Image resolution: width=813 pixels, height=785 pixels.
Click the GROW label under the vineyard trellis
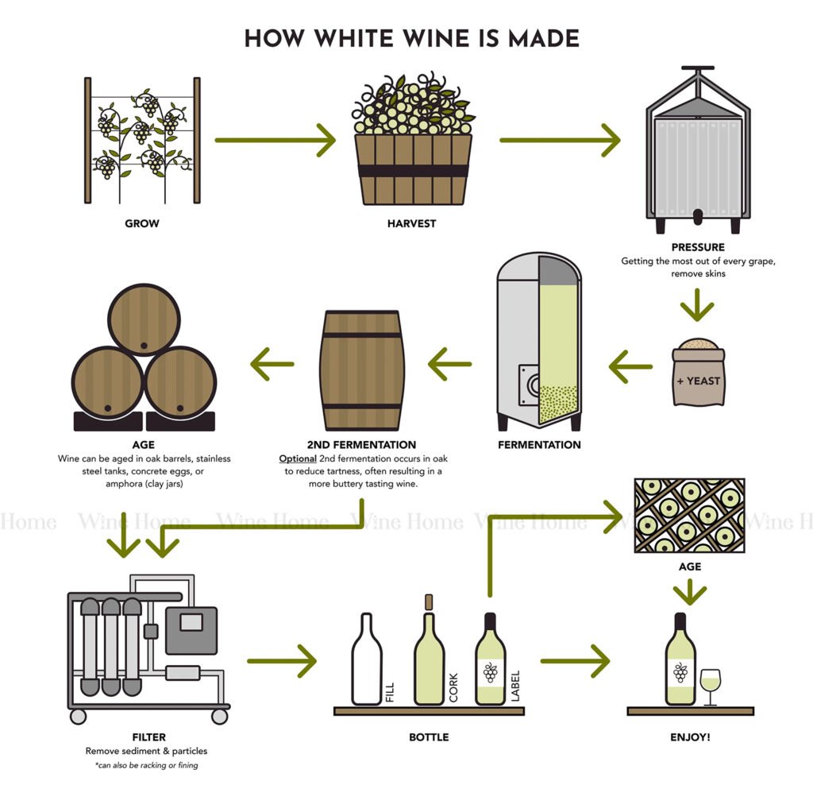point(142,223)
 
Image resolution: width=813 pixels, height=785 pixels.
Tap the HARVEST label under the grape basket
point(411,223)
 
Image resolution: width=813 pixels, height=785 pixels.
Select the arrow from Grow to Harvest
point(275,141)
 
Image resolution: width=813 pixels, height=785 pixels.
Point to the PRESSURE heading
point(697,247)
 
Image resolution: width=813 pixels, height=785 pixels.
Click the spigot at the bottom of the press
point(698,215)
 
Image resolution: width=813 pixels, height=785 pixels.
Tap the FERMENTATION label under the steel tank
point(539,444)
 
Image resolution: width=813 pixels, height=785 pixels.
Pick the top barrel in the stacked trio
point(144,319)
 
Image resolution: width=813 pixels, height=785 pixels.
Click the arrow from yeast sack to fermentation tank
point(630,366)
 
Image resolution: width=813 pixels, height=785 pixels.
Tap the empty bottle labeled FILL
point(367,659)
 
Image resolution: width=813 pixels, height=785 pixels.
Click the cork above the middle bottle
point(430,601)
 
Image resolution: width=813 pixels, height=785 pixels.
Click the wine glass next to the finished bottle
point(710,685)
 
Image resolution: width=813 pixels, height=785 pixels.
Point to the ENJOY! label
point(690,737)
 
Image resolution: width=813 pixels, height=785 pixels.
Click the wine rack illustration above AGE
point(689,515)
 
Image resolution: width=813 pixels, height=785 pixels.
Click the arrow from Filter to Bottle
point(282,660)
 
